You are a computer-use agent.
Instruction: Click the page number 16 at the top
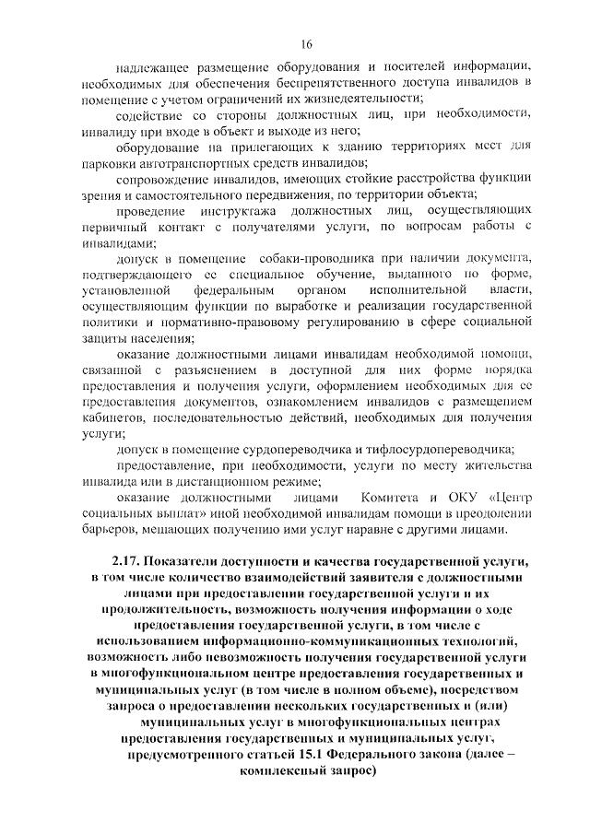307,43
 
